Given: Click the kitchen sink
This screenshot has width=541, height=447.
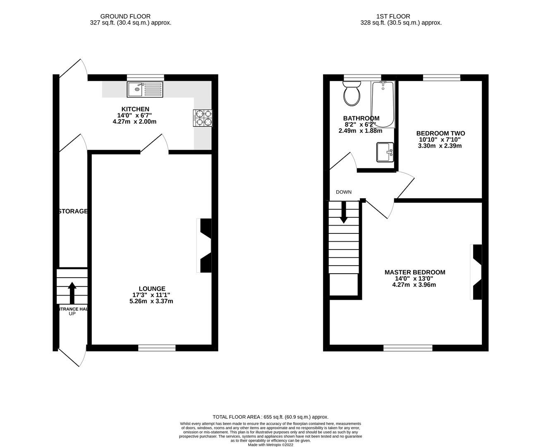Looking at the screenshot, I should point(146,89).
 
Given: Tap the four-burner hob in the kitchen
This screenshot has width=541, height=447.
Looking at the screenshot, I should point(202,118).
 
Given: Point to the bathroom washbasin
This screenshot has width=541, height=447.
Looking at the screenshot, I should point(385,152).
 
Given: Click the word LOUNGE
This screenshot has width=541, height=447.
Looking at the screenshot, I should point(152,288).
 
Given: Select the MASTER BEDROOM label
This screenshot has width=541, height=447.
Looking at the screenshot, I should point(415,272).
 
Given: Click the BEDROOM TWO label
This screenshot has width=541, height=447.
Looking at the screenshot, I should point(440,133).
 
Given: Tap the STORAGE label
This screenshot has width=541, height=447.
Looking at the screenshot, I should point(73,211).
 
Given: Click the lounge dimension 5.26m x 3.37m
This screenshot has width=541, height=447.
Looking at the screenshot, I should point(151,301).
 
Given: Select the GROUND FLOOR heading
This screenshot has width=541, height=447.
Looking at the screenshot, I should point(120,16).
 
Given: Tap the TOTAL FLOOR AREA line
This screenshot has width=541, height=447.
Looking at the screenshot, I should point(270,417).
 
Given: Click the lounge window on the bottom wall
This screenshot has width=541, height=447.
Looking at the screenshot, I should point(157,348).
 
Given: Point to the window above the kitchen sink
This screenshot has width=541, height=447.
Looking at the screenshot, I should point(146,77).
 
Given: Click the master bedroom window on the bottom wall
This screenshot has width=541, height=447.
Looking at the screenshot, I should point(408,348).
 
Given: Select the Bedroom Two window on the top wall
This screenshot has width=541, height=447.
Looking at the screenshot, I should point(442,77).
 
